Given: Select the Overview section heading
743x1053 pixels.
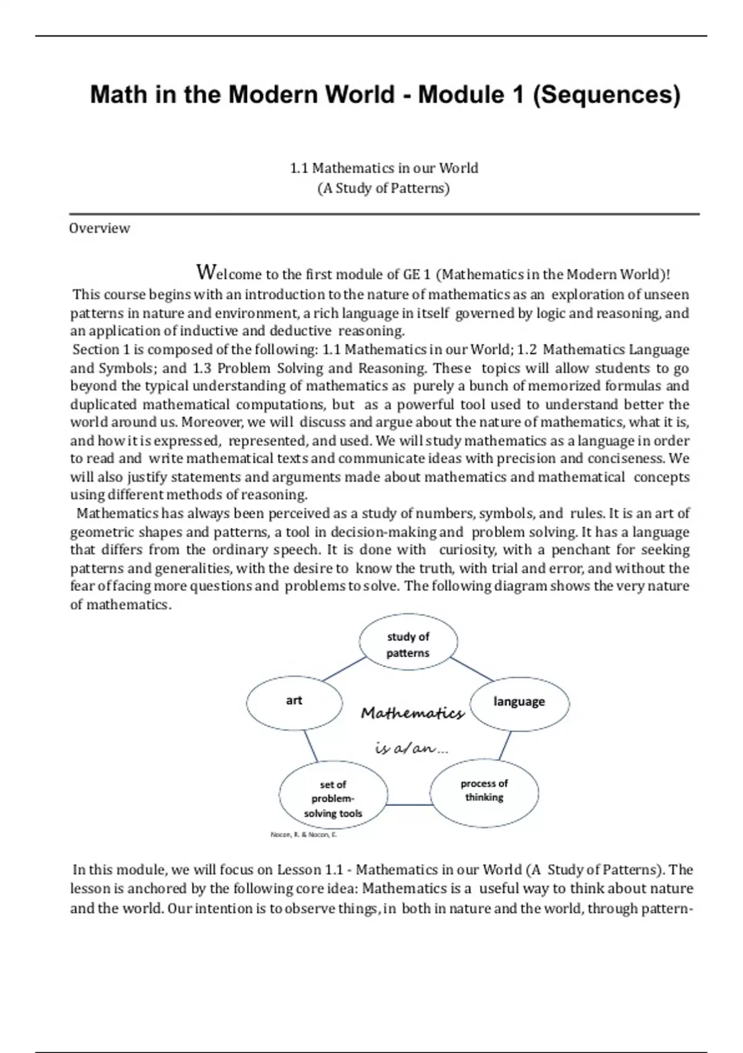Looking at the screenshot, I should [x=99, y=228].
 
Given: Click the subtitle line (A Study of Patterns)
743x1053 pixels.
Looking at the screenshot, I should [x=383, y=188].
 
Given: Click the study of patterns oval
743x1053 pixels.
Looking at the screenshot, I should [x=408, y=644].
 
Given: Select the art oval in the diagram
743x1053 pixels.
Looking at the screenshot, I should [x=294, y=701].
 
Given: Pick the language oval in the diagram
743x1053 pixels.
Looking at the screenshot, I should [x=519, y=702].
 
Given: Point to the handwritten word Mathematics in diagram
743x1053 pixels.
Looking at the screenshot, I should [x=412, y=714].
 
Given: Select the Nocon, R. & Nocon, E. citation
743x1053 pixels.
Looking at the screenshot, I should [x=303, y=834].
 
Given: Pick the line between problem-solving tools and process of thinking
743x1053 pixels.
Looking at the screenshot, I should [x=409, y=805].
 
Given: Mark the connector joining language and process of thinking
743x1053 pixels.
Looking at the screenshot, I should [x=505, y=745].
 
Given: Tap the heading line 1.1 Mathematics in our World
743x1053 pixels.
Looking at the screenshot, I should [x=384, y=168].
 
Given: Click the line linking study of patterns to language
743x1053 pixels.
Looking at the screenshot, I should [x=472, y=669].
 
